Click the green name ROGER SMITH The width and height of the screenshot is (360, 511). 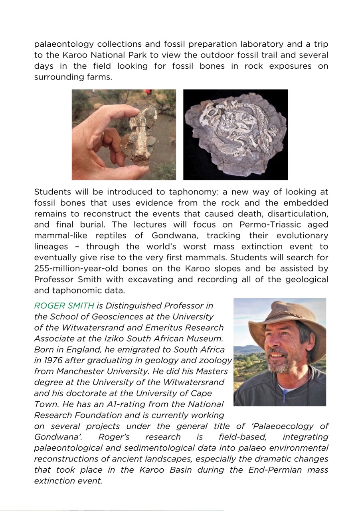(x=64, y=306)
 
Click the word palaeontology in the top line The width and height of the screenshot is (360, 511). (x=64, y=44)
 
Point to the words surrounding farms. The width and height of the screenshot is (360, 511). (x=73, y=77)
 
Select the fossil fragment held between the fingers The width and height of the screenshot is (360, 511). (x=138, y=136)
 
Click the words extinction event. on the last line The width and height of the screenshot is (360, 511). (x=68, y=481)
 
